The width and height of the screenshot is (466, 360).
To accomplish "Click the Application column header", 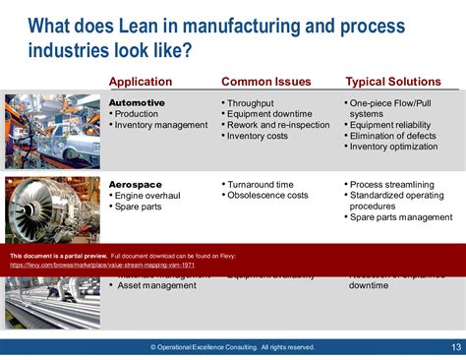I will click(141, 82).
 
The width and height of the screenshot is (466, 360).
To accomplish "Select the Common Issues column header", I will click(264, 82).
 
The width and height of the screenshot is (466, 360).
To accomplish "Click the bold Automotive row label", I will click(137, 102).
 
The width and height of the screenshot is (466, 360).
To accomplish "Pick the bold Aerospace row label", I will click(136, 184).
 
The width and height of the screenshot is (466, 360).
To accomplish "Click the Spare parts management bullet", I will click(402, 217).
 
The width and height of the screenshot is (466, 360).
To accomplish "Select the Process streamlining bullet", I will click(395, 184).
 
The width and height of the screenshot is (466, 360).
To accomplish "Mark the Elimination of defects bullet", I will click(396, 136).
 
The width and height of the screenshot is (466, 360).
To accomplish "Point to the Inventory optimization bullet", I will click(397, 147).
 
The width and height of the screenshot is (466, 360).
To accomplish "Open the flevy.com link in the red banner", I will click(102, 265).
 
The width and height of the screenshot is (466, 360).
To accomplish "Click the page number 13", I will click(455, 346).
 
